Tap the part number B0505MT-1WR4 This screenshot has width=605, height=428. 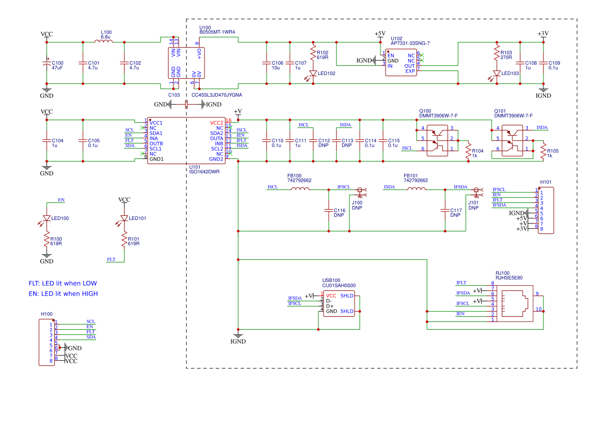tap(217, 32)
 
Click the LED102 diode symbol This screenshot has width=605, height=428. tap(313, 73)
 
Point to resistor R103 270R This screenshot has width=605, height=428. tap(496, 55)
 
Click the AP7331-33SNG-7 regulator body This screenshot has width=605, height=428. tap(401, 63)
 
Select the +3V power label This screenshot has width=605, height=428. tap(542, 34)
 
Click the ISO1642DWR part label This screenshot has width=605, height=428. tap(204, 172)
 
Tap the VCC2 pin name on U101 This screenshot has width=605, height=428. tap(216, 123)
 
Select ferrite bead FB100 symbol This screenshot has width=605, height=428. tap(300, 189)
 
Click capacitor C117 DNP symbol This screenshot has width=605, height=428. tap(444, 210)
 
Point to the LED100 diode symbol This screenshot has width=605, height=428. tap(47, 218)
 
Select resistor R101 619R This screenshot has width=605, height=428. tap(124, 240)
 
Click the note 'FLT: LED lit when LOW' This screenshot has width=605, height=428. tap(63, 284)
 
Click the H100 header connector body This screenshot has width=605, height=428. tap(47, 343)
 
